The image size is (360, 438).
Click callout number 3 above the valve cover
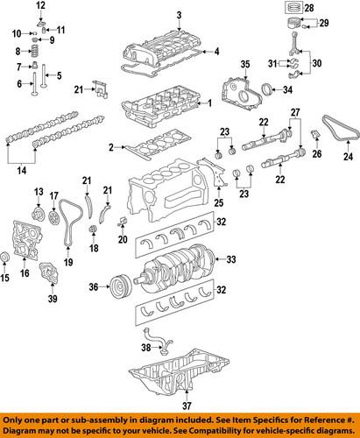178,15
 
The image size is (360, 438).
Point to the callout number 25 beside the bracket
218,201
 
